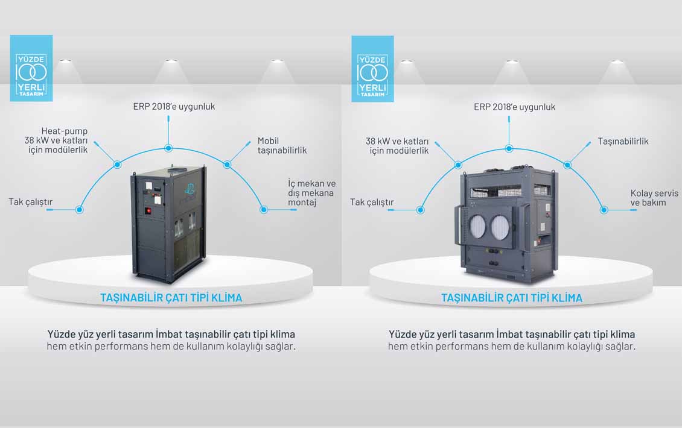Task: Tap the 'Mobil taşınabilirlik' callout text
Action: pyautogui.click(x=282, y=145)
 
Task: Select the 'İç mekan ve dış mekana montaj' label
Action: pyautogui.click(x=311, y=192)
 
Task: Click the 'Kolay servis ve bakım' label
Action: pyautogui.click(x=654, y=198)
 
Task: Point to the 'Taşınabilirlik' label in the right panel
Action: pyautogui.click(x=623, y=141)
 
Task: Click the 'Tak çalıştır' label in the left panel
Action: pyautogui.click(x=30, y=201)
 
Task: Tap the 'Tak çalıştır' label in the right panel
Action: pyautogui.click(x=372, y=202)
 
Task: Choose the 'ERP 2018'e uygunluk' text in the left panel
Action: pyautogui.click(x=174, y=107)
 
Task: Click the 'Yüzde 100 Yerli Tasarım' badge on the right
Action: pyautogui.click(x=373, y=69)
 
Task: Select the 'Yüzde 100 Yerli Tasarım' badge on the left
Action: pyautogui.click(x=31, y=68)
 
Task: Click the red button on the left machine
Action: pyautogui.click(x=148, y=211)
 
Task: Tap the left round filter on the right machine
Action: pyautogui.click(x=477, y=227)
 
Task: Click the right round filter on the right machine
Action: pyautogui.click(x=500, y=227)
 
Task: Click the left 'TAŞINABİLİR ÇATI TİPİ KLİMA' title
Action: pyautogui.click(x=171, y=298)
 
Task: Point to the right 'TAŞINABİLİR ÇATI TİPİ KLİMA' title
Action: pyautogui.click(x=512, y=298)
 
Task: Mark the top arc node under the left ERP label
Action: pyautogui.click(x=168, y=148)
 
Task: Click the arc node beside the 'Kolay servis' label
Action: pyautogui.click(x=604, y=210)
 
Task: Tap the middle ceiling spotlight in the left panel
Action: pyautogui.click(x=171, y=61)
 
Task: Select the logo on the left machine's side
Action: pyautogui.click(x=189, y=189)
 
